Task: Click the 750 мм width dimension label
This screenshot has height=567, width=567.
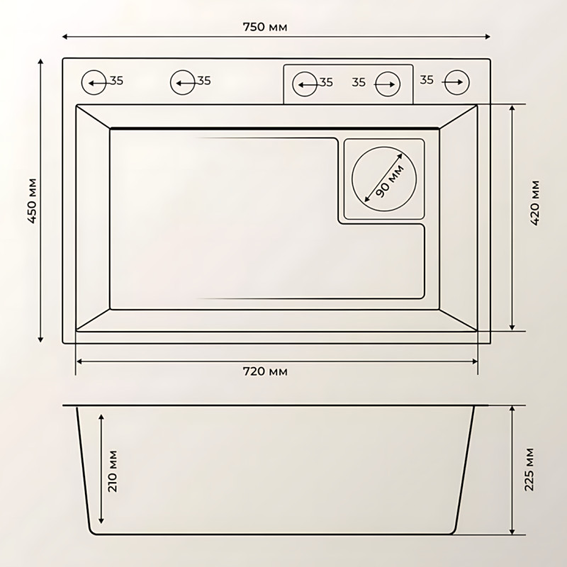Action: coord(264,27)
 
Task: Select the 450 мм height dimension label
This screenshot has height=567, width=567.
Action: coord(31,201)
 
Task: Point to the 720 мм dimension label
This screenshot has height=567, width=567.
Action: coord(266,371)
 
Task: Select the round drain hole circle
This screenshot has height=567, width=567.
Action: coord(383,178)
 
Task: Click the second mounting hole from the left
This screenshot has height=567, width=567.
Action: coord(182,82)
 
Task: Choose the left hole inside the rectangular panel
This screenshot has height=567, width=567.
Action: coord(305,83)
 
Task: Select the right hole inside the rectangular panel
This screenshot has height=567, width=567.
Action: coord(387,83)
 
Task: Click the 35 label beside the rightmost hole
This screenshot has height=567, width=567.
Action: coord(426,80)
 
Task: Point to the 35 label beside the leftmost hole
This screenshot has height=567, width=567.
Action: coord(116,81)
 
